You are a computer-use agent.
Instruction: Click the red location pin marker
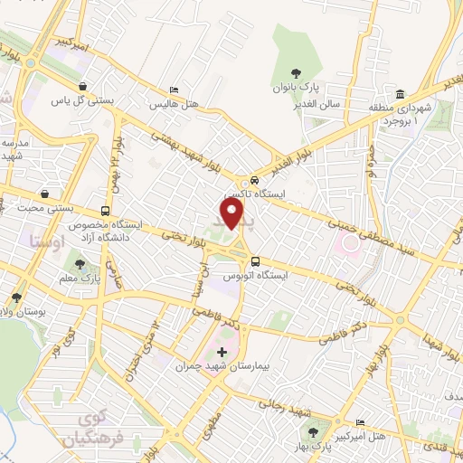coord(234,213)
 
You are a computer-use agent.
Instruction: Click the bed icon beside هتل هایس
coord(174,90)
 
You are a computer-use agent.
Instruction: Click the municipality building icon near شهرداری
coord(400,94)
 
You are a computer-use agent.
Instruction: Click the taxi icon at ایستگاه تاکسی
coord(254,179)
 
